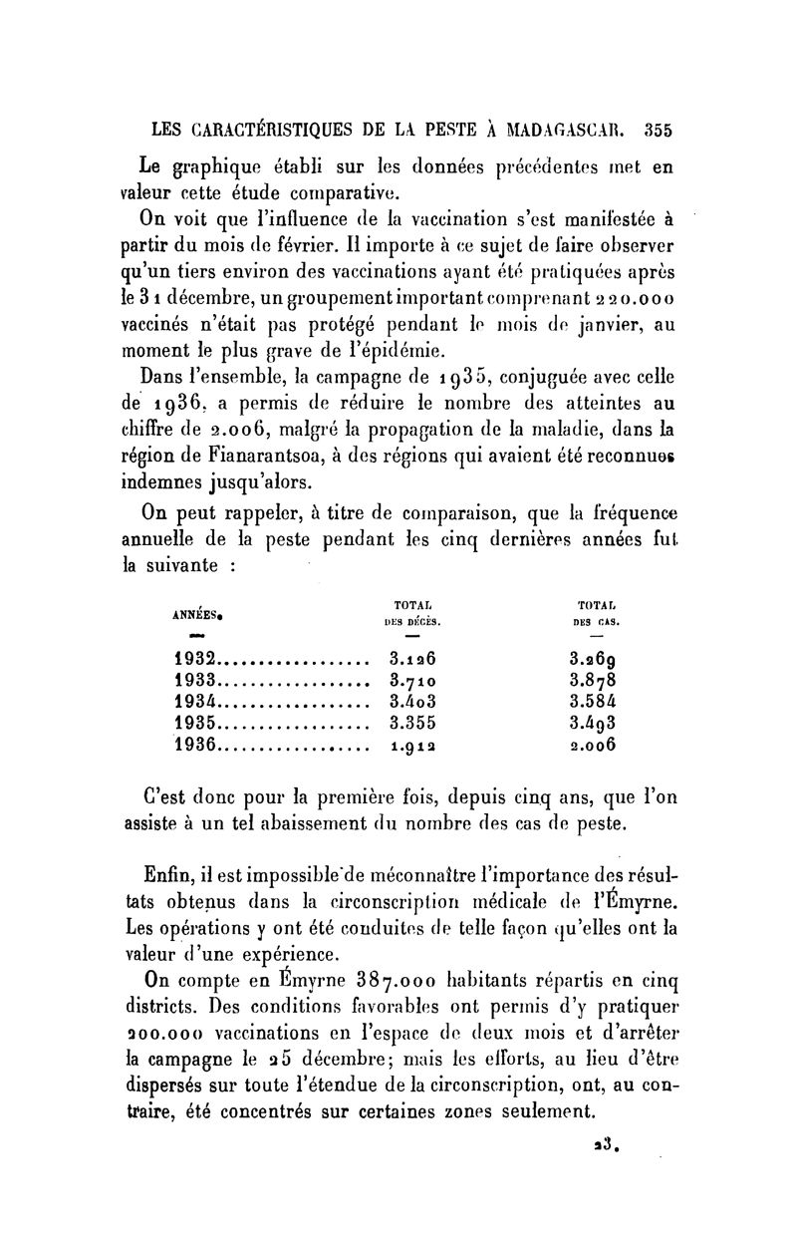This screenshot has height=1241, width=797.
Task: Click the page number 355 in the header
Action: [660, 129]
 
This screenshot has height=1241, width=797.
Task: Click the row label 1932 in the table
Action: [196, 659]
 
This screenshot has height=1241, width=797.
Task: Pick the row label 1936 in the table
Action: [196, 744]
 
